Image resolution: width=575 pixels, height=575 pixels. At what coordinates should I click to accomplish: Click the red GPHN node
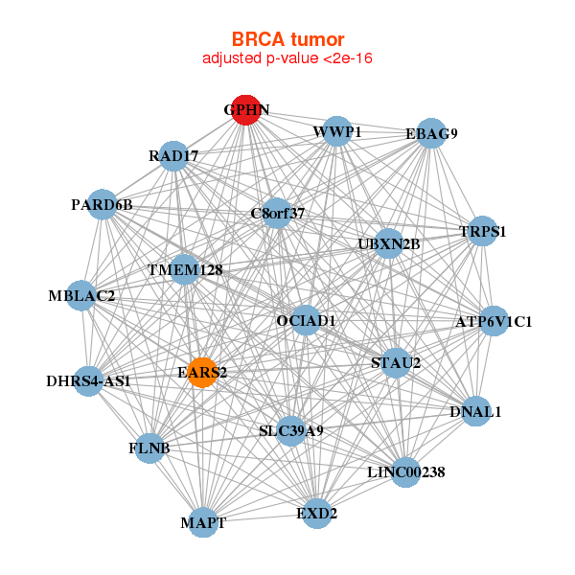(246, 110)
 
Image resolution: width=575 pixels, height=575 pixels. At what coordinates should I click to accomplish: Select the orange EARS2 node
(202, 372)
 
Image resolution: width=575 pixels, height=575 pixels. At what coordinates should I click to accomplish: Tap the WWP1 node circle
(336, 132)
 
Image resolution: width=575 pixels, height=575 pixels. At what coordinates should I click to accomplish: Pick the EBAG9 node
(431, 134)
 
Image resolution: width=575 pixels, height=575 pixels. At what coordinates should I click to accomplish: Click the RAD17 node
(172, 156)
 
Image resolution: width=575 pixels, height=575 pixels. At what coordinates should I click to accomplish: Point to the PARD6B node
(103, 205)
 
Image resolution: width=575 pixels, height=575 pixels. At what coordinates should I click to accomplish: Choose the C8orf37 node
(277, 213)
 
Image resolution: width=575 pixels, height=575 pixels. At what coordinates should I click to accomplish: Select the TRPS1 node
(482, 232)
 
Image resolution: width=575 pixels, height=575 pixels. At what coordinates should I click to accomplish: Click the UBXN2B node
(388, 243)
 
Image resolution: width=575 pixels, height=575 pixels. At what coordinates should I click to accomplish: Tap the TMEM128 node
(185, 270)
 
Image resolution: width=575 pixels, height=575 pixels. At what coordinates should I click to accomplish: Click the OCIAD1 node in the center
(306, 320)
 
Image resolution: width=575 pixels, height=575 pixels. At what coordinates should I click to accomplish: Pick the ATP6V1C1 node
(494, 321)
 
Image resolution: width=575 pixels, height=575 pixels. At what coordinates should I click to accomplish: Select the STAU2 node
(396, 363)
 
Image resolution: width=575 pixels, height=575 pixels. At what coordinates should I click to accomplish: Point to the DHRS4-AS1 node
(88, 381)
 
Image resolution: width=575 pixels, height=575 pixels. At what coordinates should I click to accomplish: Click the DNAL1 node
(475, 412)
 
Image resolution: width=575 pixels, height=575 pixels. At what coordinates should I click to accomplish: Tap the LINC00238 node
(406, 472)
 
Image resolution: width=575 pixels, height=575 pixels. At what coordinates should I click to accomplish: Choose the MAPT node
(203, 522)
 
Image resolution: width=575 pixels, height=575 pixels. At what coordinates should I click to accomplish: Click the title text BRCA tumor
(287, 39)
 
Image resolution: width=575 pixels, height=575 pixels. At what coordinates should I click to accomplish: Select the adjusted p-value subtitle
(287, 58)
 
